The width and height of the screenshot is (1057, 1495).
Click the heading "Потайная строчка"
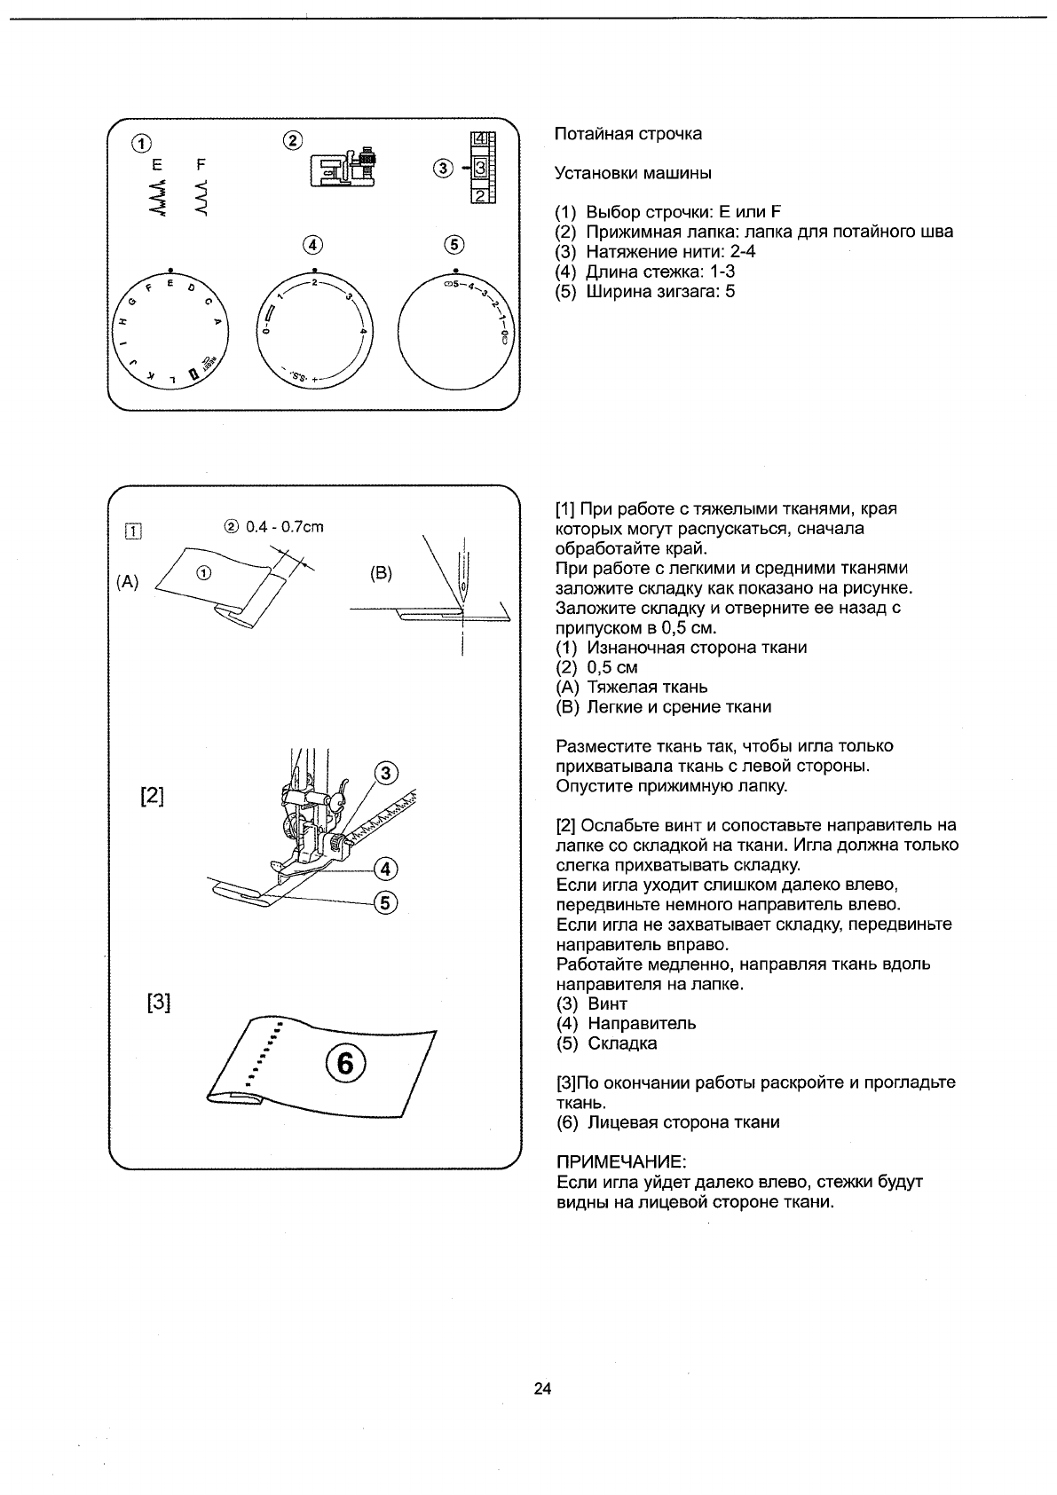tap(627, 134)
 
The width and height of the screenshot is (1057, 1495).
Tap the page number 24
tap(543, 1389)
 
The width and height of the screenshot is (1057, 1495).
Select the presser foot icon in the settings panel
tap(343, 166)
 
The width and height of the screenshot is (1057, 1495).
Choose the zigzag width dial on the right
tap(456, 330)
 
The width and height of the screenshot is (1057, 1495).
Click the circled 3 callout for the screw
tap(386, 774)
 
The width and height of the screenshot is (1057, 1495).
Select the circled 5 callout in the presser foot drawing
tap(386, 903)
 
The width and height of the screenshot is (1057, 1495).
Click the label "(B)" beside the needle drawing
tap(381, 573)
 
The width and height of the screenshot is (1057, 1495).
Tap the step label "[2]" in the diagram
tap(153, 795)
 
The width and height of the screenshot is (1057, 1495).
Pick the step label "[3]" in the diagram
tap(158, 1003)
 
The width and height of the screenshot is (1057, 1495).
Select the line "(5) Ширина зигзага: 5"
tap(645, 291)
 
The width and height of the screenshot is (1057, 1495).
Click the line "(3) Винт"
tap(592, 1003)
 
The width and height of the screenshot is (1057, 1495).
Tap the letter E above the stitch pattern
tap(158, 164)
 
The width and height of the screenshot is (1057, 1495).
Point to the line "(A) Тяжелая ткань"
tap(631, 687)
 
